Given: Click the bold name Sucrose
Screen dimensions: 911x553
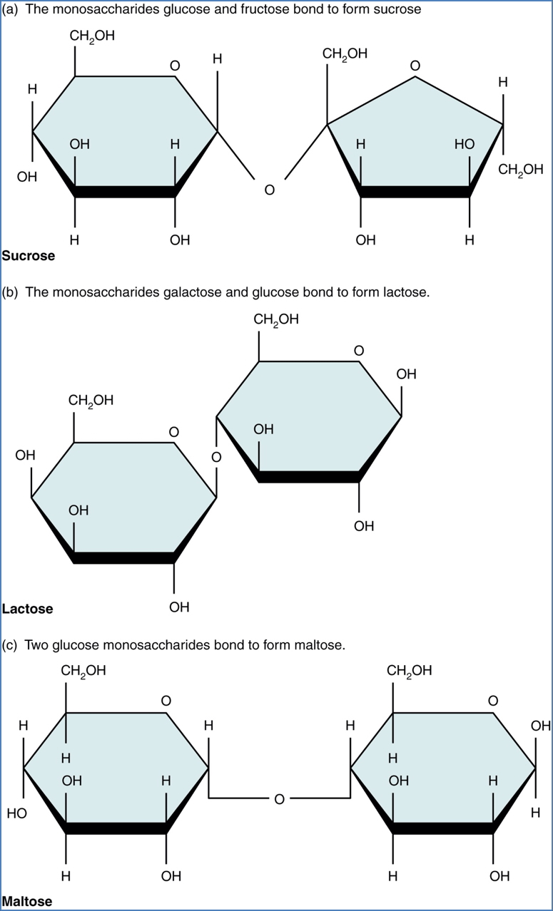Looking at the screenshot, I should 29,256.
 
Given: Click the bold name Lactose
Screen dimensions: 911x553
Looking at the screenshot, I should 27,609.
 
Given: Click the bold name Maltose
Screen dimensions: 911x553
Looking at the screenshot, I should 27,901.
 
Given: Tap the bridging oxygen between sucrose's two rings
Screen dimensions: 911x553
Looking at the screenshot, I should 269,190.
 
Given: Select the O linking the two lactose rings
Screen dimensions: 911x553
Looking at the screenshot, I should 217,456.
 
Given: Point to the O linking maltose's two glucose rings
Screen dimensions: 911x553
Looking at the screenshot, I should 279,800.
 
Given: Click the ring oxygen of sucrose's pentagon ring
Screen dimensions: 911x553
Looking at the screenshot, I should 415,66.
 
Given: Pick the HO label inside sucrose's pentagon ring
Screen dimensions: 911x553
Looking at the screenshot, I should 464,144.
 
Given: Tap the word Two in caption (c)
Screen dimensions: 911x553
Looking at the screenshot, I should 37,645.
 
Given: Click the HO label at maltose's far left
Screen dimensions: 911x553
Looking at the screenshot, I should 16,813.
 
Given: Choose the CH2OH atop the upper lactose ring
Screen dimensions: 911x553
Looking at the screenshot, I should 276,319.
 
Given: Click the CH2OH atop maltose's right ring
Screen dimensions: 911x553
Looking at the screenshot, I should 410,671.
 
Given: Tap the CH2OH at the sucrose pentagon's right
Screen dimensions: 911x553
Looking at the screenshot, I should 520,170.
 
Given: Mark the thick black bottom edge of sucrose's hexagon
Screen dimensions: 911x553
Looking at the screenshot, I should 125,192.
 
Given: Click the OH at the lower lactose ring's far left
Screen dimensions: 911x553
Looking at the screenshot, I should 25,455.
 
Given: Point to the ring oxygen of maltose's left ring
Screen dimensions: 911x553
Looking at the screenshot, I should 166,701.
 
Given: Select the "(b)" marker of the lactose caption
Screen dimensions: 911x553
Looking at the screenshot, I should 11,292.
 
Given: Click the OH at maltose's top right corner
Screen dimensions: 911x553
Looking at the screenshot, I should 541,726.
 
